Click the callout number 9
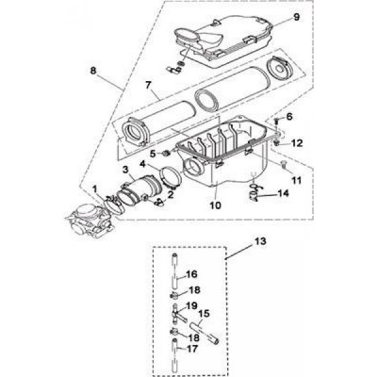(x=296, y=17)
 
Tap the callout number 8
(x=93, y=71)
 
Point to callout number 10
(x=216, y=205)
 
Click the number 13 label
(x=260, y=241)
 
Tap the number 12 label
(x=296, y=143)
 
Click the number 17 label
(x=193, y=349)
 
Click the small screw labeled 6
(x=275, y=121)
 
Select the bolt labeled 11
(x=284, y=164)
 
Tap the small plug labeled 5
(x=167, y=153)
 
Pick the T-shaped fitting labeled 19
(x=178, y=314)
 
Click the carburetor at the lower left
(x=90, y=221)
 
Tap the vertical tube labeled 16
(x=174, y=270)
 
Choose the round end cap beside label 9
(x=279, y=69)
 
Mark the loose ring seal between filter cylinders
(x=206, y=101)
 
